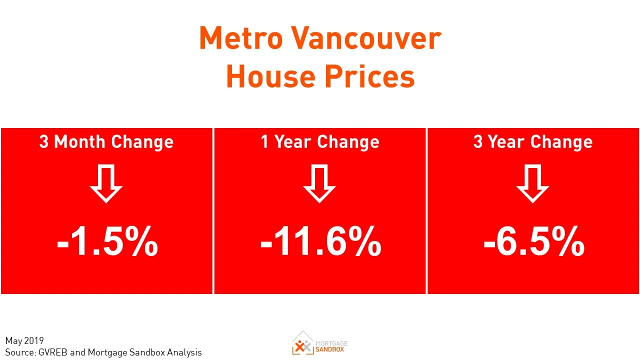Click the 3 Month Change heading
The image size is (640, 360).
tap(106, 142)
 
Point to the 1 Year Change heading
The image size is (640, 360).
tap(320, 142)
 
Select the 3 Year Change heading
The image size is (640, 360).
tap(533, 142)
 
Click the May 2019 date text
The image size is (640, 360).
tap(24, 341)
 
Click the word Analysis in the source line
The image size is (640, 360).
tap(184, 352)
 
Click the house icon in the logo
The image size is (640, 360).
tap(302, 343)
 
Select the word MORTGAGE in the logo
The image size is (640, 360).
tap(331, 343)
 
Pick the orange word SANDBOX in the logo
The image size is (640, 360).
tap(330, 349)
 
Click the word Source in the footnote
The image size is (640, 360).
tap(19, 352)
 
